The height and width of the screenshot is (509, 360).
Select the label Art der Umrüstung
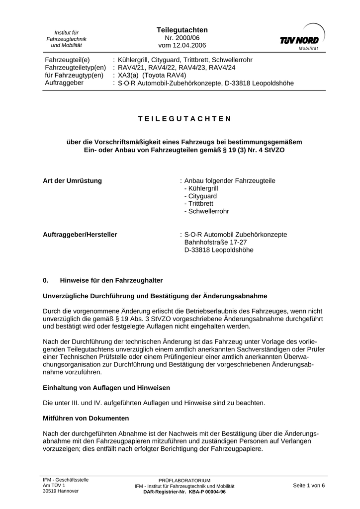pos(73,180)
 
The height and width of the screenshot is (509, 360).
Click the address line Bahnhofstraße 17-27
pos(215,242)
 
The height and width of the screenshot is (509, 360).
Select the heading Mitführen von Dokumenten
pos(86,418)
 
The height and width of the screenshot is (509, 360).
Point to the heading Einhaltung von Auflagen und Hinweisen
pos(106,387)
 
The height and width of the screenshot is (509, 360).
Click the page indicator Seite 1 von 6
pos(309,485)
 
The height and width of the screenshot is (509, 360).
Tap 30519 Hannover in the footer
pos(61,491)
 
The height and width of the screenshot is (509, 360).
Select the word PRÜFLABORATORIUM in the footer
pos(184,480)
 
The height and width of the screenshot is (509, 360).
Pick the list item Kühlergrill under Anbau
pos(201,188)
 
